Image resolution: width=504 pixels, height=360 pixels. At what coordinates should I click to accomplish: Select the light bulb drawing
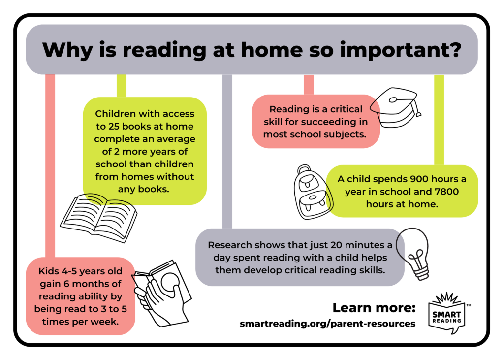click(415, 253)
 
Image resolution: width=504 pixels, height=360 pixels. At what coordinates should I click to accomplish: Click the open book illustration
click(98, 217)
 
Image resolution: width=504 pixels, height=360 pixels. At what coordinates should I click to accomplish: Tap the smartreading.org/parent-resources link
click(327, 324)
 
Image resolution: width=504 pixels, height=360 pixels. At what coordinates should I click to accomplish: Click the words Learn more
click(374, 308)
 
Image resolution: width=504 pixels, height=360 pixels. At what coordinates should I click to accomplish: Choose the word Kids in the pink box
click(49, 272)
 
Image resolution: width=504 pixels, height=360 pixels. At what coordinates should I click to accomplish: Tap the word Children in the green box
click(116, 114)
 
